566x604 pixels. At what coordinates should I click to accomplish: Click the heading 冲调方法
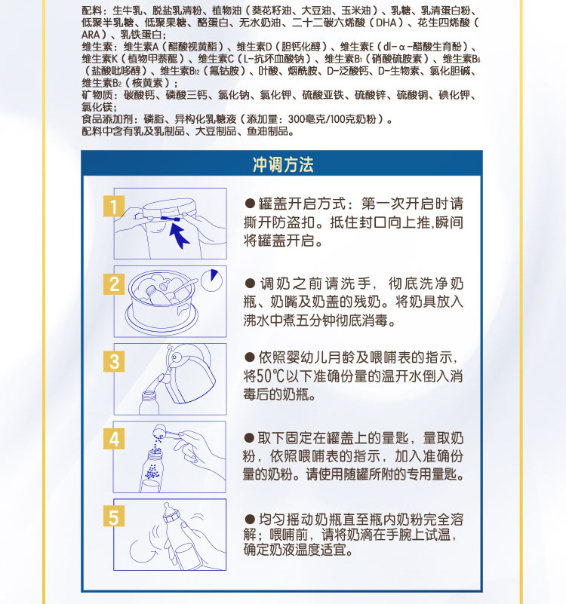(283, 164)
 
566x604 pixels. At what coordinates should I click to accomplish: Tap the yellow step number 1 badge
(114, 206)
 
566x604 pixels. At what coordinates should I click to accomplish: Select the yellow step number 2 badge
(114, 284)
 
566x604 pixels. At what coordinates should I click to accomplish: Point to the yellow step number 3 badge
(114, 361)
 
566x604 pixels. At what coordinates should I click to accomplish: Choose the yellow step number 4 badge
(114, 439)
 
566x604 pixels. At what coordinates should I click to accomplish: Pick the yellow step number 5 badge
(114, 517)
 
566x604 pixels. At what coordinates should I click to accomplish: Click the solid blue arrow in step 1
(178, 235)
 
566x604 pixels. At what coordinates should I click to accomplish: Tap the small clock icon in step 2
(211, 280)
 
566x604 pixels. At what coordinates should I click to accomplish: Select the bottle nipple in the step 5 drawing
(168, 507)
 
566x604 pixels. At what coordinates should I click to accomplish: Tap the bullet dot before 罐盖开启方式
(250, 204)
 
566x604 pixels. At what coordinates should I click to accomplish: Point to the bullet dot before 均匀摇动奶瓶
(250, 520)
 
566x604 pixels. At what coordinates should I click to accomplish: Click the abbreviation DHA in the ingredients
(386, 23)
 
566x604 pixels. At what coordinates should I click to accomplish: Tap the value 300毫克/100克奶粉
(332, 119)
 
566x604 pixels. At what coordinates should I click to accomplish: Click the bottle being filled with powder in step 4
(151, 470)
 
